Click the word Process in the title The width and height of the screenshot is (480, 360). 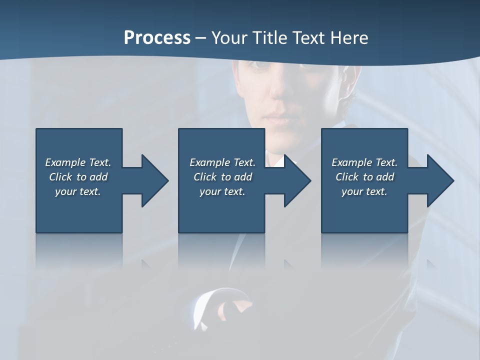[x=157, y=38]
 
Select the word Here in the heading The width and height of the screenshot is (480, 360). [x=348, y=38]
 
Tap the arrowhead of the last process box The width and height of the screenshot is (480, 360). [x=439, y=180]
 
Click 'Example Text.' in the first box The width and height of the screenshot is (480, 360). [x=78, y=162]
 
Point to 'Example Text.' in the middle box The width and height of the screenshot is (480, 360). [x=222, y=162]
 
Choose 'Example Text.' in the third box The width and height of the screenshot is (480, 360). [x=364, y=162]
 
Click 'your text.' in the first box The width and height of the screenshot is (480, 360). [x=78, y=191]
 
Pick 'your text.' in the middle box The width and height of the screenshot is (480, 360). [x=222, y=191]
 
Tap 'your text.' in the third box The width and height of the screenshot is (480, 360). [x=364, y=191]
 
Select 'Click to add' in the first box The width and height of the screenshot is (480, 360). [x=78, y=177]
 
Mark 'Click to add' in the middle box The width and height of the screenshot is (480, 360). [x=222, y=177]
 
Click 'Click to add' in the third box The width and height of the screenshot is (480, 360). [x=364, y=177]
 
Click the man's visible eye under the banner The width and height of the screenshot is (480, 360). [x=256, y=65]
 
